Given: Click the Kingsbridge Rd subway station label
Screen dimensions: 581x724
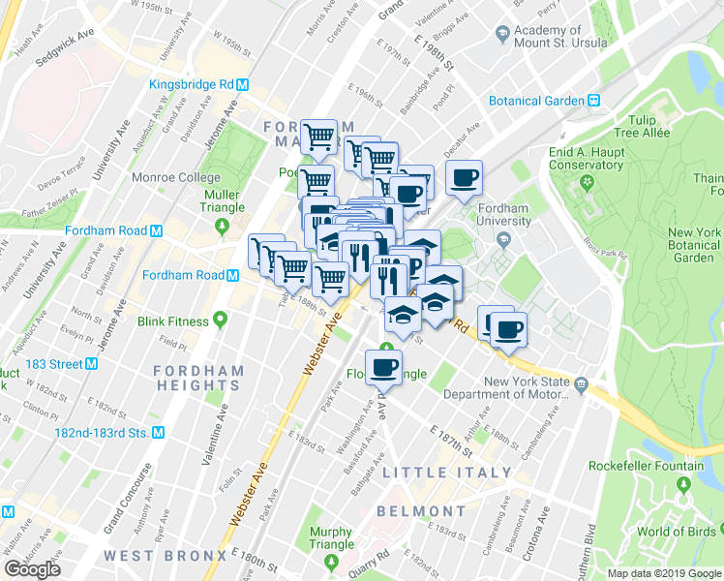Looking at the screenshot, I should coord(193,84).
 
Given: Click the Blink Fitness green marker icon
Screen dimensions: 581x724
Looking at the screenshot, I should coord(222,321).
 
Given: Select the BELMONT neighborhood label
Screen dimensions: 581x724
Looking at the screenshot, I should coord(421,510).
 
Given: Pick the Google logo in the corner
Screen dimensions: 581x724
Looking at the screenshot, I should coord(32,569).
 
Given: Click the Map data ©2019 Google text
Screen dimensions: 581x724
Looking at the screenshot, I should coord(663,573).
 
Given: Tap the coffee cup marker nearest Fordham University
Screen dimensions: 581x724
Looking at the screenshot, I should coord(466,178).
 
